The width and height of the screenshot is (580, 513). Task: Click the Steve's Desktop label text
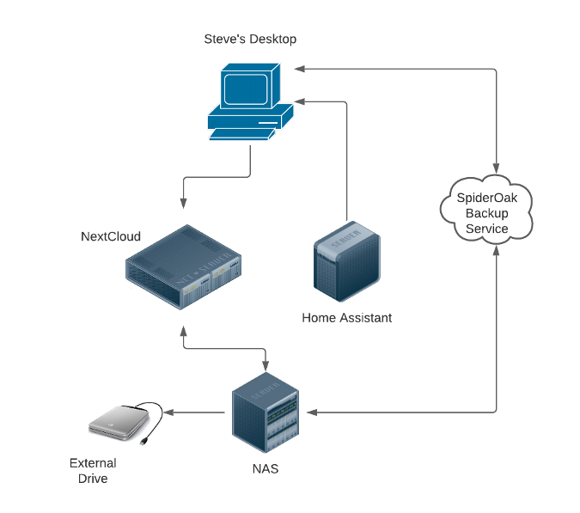point(251,39)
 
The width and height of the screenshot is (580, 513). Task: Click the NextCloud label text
point(111,236)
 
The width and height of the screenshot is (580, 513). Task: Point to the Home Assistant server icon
point(345,262)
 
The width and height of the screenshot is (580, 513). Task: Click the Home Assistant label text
point(346,317)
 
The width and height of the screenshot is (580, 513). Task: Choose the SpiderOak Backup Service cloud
point(486,211)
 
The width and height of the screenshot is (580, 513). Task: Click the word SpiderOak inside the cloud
point(486,198)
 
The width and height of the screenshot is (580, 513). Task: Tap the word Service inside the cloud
point(486,229)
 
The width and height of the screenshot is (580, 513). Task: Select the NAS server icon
point(266,413)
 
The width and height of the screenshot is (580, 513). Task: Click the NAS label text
point(265,469)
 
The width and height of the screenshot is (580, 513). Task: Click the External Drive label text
point(93,471)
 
